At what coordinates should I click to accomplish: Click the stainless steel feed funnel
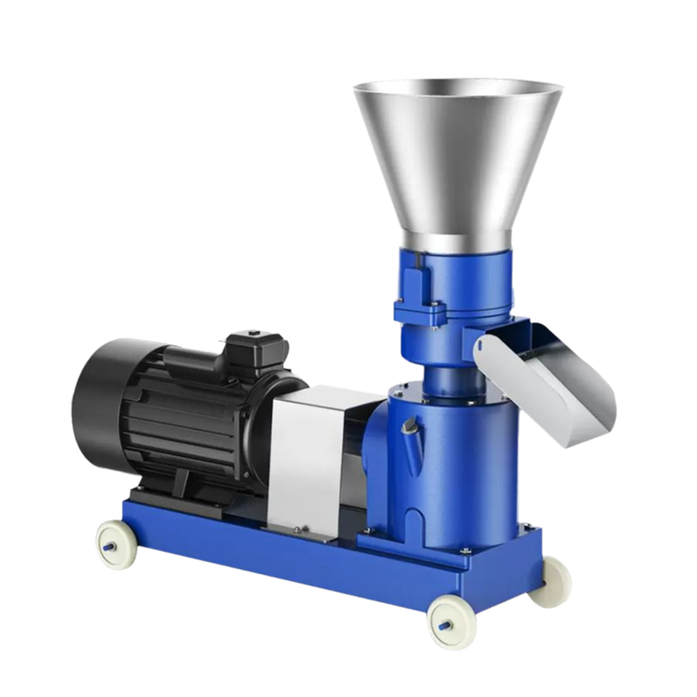click(x=457, y=155)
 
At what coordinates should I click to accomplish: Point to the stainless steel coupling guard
click(x=310, y=457)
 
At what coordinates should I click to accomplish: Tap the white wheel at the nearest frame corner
click(x=450, y=620)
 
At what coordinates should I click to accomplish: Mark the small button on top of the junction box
click(x=255, y=334)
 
